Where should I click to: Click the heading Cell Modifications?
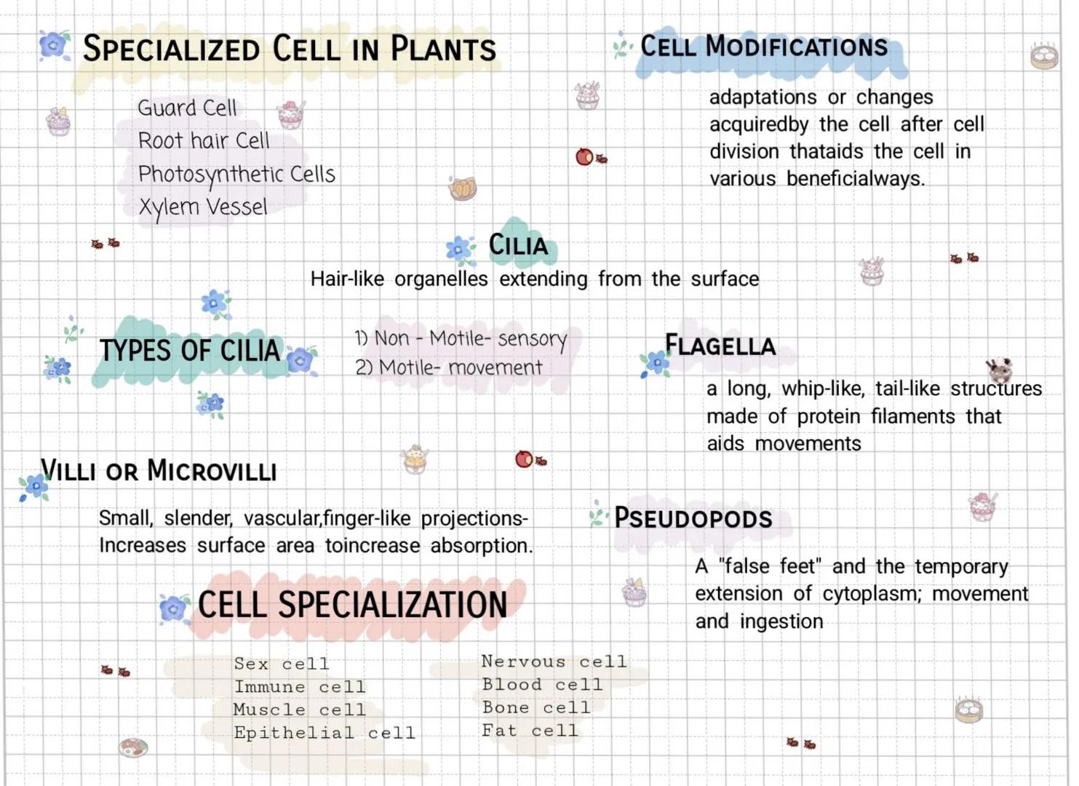point(764,47)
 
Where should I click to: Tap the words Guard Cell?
point(187,108)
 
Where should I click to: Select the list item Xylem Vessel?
point(203,207)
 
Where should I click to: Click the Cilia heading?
point(518,245)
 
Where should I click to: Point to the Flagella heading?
point(720,345)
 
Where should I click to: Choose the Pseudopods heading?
point(693,518)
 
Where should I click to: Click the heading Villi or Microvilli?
point(159,470)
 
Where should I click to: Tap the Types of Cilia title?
point(190,350)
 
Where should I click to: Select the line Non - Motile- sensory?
point(461,338)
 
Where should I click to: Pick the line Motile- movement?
point(449,368)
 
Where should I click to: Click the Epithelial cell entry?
point(325,732)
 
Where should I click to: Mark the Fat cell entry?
point(530,730)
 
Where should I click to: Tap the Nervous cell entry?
point(554,661)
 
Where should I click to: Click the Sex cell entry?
point(282,664)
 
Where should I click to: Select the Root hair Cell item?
point(204,140)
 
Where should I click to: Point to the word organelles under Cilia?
point(441,279)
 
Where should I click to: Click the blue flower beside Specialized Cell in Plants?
point(55,45)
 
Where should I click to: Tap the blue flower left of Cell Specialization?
point(174,609)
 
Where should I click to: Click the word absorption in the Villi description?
point(482,547)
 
